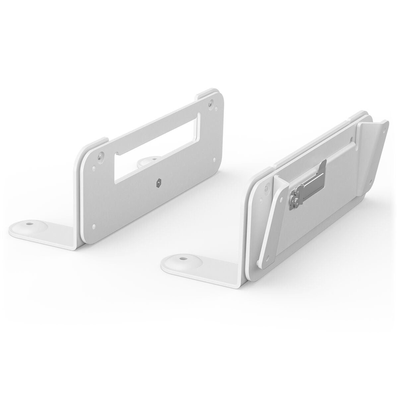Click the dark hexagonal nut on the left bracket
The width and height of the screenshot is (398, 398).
(x=160, y=182)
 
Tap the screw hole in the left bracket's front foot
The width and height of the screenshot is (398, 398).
(x=29, y=224)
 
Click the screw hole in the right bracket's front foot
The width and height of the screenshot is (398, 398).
(x=182, y=257)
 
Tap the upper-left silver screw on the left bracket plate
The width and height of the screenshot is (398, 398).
(x=100, y=155)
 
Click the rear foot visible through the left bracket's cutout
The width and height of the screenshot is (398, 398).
(x=148, y=161)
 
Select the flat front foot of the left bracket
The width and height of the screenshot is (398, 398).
(x=43, y=229)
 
